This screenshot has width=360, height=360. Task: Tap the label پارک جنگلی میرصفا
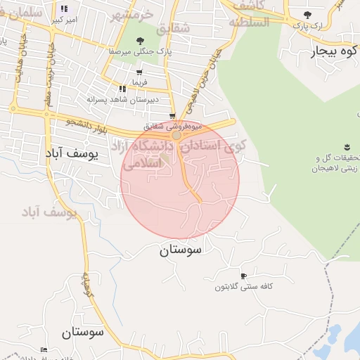click(x=139, y=52)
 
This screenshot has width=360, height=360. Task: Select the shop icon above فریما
click(x=139, y=72)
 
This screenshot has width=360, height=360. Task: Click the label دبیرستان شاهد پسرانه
click(x=115, y=100)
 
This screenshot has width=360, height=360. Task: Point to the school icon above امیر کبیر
click(x=65, y=8)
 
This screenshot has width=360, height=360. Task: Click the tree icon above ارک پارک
click(x=307, y=14)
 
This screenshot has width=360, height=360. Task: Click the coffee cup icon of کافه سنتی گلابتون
click(x=243, y=276)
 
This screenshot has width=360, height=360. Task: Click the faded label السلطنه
click(x=248, y=22)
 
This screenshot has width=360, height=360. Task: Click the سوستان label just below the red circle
click(x=181, y=250)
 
